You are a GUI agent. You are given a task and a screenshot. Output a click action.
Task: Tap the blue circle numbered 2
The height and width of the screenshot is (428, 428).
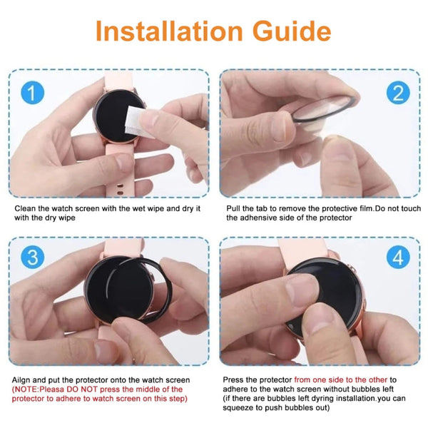tap(399, 93)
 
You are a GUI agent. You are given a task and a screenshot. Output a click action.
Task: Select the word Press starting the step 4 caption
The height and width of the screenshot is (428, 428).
tap(236, 379)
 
